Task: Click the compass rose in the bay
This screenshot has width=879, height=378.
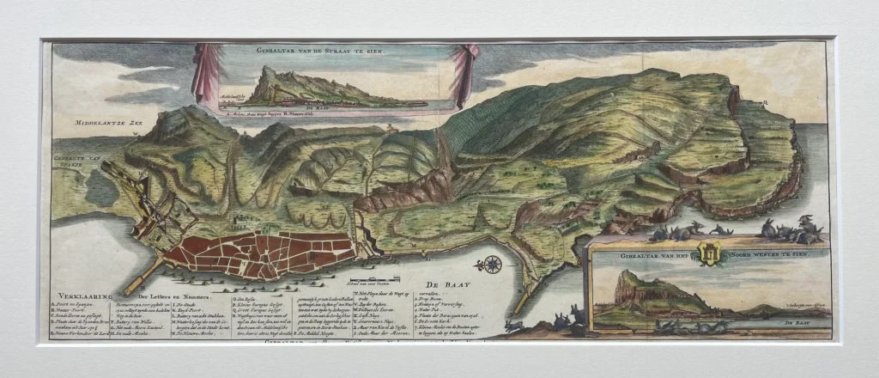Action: point(493,264)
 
